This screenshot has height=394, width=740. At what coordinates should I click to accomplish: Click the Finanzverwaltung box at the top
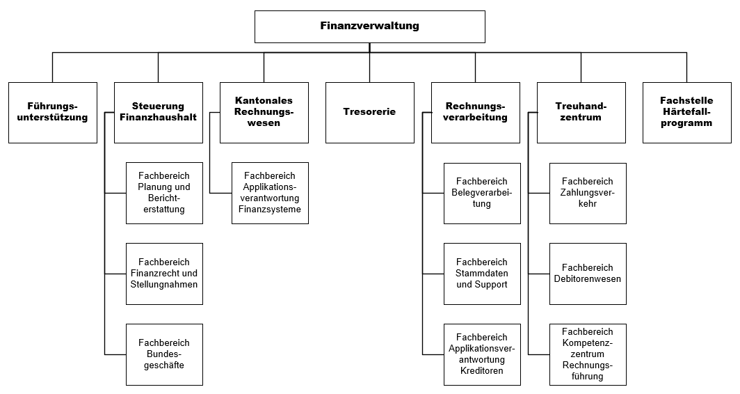(369, 26)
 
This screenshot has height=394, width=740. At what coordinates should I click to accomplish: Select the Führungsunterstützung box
(53, 113)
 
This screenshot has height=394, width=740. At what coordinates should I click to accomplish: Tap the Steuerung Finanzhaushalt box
(159, 113)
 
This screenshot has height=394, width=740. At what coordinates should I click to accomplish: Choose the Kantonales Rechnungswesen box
(264, 113)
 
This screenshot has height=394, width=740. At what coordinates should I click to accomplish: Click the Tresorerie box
(369, 113)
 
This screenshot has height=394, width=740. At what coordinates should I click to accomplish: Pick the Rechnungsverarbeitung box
(476, 113)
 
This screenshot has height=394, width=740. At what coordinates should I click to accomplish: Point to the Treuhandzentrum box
(581, 113)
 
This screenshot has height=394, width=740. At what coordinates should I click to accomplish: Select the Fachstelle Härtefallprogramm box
(686, 113)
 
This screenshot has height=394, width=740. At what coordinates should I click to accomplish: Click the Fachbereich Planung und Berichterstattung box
(164, 193)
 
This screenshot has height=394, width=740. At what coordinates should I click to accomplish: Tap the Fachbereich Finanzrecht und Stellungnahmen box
(164, 274)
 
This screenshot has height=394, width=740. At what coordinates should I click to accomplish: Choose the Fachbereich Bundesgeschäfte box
(164, 354)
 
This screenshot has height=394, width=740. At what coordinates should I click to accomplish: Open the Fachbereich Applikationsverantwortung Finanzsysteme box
(270, 193)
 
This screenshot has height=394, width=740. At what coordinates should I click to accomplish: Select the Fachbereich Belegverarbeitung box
(482, 193)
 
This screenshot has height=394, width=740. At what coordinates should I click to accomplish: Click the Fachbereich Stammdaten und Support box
(482, 274)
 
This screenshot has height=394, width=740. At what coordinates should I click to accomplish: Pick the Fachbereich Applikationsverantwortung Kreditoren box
(482, 354)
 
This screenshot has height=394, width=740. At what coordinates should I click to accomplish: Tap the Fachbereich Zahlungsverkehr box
(588, 193)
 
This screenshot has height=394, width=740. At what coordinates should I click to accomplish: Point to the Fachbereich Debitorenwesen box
(588, 274)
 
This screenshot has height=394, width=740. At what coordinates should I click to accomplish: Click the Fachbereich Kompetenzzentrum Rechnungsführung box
(588, 354)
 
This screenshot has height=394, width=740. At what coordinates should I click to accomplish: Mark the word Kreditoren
(482, 371)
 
